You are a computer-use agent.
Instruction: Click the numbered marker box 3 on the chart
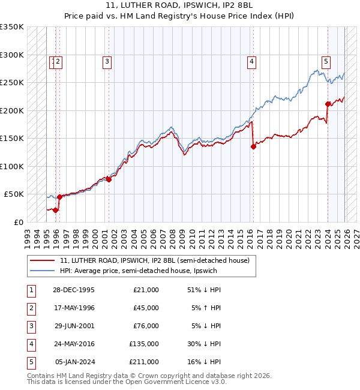(x=107, y=61)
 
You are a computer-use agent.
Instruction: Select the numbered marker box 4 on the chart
(x=251, y=61)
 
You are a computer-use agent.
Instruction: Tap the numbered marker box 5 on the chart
(x=326, y=61)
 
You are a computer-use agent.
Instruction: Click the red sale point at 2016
(x=253, y=146)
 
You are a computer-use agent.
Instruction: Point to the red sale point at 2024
(x=328, y=104)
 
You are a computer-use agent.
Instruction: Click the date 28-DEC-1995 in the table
(x=73, y=290)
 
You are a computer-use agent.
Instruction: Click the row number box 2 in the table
(x=31, y=308)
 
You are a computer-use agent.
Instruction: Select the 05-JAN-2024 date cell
(x=74, y=362)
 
